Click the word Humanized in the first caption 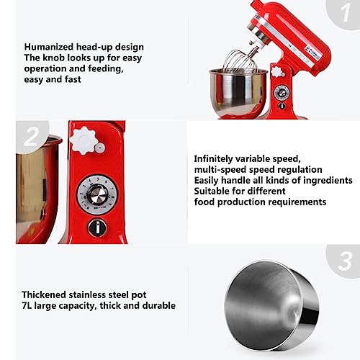[49, 47]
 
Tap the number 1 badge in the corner [345, 13]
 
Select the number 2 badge [32, 137]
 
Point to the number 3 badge [344, 261]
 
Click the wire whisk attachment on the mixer [240, 60]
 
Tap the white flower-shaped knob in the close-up [83, 141]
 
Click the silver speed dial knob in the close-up [97, 194]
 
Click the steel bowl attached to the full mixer [238, 92]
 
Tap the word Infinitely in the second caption [213, 159]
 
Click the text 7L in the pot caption [27, 305]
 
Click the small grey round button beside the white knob [99, 148]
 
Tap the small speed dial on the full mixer [282, 92]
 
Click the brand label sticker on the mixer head [312, 54]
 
